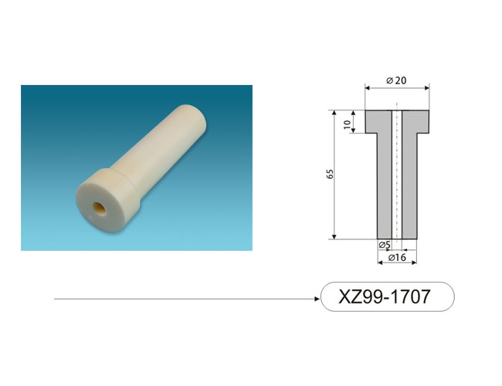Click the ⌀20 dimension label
(396, 80)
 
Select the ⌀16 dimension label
(397, 257)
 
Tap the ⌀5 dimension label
(385, 245)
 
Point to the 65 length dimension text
(330, 174)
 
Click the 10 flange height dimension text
(347, 125)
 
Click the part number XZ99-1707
(384, 296)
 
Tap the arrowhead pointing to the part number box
(317, 299)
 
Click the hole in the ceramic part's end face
(100, 208)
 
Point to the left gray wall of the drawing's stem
(385, 185)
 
